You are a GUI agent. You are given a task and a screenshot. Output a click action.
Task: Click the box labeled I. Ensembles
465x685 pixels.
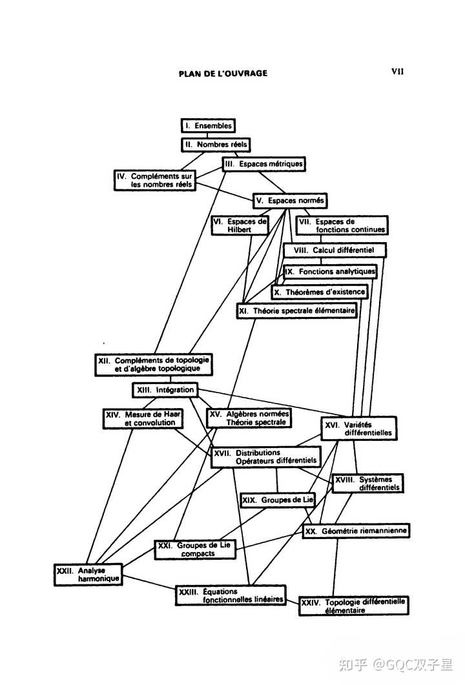point(207,126)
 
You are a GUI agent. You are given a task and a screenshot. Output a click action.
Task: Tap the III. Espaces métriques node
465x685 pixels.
point(263,164)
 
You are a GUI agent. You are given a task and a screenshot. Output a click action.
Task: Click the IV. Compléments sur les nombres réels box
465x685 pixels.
point(155,180)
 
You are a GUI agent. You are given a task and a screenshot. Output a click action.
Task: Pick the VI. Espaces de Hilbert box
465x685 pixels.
point(240,225)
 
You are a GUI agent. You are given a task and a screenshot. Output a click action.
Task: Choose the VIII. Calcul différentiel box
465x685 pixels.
point(335,250)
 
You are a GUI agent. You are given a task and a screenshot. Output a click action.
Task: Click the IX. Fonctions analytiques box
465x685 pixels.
point(330,272)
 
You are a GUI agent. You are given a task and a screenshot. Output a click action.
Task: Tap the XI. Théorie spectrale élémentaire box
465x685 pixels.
point(296,311)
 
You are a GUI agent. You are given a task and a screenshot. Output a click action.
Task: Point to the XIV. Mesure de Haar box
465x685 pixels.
point(142,418)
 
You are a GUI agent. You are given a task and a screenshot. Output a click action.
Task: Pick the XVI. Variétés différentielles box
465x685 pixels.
point(359,429)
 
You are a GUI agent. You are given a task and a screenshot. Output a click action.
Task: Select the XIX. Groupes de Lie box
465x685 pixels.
point(277,500)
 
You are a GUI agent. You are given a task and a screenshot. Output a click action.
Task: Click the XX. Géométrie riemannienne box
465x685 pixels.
point(356,531)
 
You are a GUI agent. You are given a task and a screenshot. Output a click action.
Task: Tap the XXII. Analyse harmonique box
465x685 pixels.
point(88,575)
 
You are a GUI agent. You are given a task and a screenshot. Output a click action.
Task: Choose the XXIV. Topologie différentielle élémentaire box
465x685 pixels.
point(355,606)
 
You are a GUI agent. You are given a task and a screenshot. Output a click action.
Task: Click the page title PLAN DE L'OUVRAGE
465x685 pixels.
point(223,74)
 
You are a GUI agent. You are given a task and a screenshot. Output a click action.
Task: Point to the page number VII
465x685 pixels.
point(397,72)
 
